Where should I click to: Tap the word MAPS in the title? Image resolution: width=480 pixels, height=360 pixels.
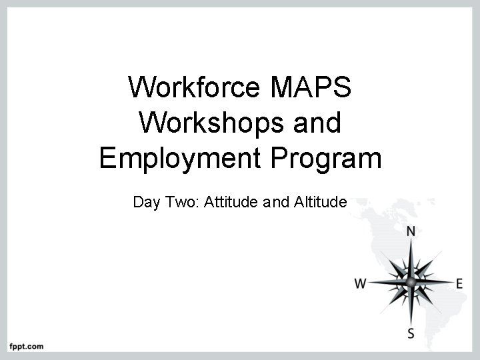pos(311,87)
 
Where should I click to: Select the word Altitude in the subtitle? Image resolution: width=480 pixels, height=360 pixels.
pos(320,202)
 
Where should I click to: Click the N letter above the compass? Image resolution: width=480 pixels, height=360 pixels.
pos(411,232)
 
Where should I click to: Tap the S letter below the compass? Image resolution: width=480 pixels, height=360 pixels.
pos(411,333)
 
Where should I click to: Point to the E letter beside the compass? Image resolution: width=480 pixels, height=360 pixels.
pos(459,283)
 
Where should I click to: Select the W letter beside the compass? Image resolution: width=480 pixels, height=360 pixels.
pos(360,283)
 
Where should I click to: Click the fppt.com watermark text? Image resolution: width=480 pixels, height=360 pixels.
pos(26,346)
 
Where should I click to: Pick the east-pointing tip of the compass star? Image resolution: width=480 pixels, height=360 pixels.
pos(452,283)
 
